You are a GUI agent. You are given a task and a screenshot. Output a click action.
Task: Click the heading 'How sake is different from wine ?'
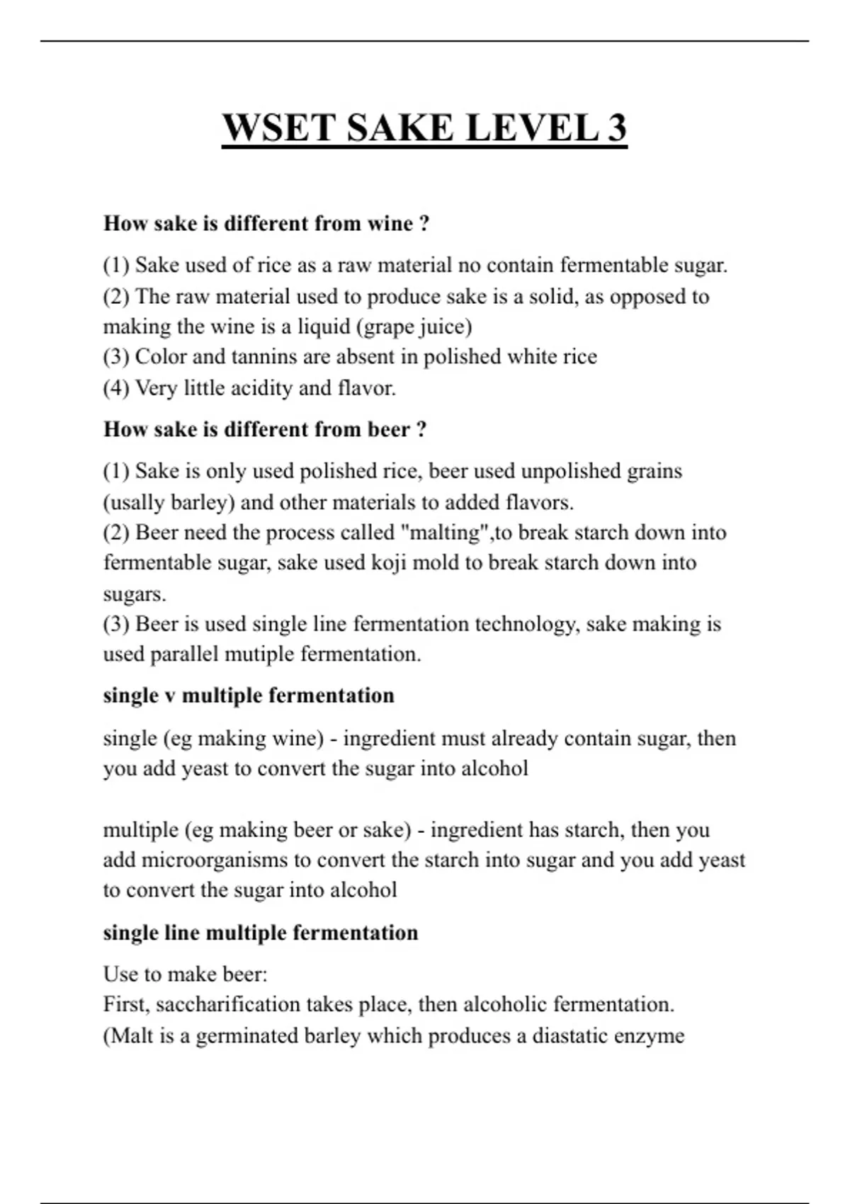pos(266,224)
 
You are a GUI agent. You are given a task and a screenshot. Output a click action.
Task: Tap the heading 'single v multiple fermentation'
pos(249,695)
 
